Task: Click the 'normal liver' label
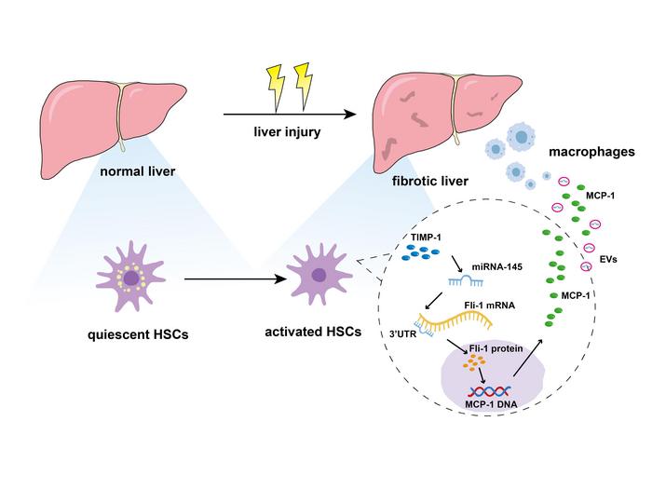pos(138,171)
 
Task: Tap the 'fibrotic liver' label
pos(430,182)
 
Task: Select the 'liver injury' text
pos(287,132)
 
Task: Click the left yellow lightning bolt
pos(276,88)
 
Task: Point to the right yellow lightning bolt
pos(304,87)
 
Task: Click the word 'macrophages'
pos(591,152)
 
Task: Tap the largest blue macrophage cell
pos(520,137)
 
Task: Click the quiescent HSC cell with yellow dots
pos(131,276)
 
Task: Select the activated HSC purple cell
pos(319,275)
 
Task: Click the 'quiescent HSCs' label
pos(138,334)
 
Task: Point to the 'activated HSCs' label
pos(313,333)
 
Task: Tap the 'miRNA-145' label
pos(496,266)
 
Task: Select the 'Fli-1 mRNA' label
pos(489,306)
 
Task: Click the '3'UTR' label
pos(402,333)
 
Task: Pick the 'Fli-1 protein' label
pos(496,348)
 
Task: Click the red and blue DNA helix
pos(490,392)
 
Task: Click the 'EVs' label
pos(608,260)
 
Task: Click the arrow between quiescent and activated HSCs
pos(236,279)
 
